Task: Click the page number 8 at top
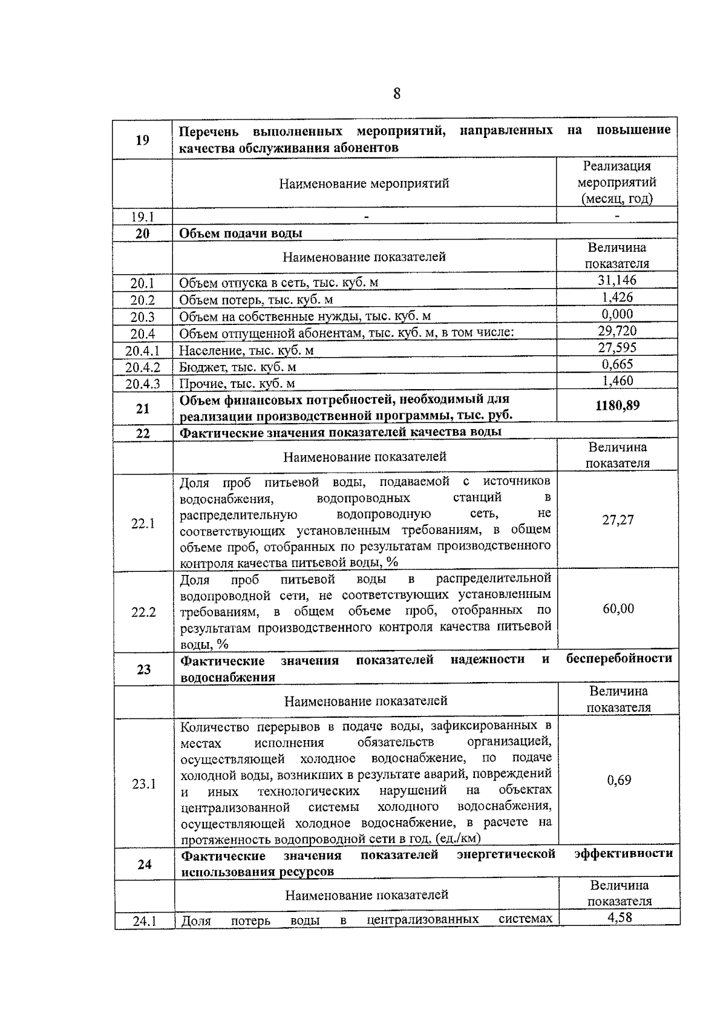click(x=396, y=94)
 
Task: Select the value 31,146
click(x=617, y=280)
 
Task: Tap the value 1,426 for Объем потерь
click(x=617, y=297)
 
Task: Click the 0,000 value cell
click(x=617, y=314)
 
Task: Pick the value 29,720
click(x=617, y=331)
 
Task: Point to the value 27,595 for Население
click(x=617, y=348)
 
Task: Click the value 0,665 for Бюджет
click(x=617, y=364)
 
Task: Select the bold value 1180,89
click(x=617, y=405)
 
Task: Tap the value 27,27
click(x=618, y=520)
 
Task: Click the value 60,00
click(x=618, y=609)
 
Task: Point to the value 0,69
click(x=619, y=781)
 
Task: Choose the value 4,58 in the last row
click(x=620, y=917)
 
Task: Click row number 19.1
click(x=143, y=217)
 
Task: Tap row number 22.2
click(x=143, y=612)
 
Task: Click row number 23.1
click(x=144, y=784)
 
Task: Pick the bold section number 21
click(x=143, y=409)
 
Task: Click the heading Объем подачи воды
click(x=241, y=234)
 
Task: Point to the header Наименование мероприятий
click(x=364, y=183)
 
